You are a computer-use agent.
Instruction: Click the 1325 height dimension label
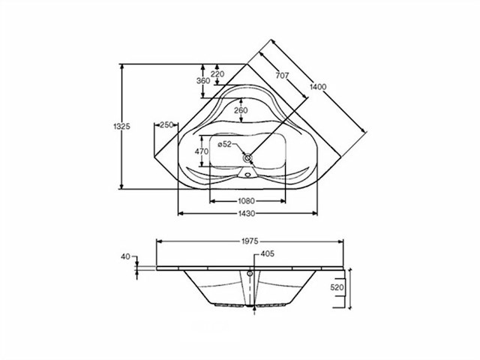[121, 126]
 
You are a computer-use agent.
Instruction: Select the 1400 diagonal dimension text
[318, 87]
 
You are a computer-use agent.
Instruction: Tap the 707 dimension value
[282, 75]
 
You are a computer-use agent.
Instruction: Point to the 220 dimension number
[217, 73]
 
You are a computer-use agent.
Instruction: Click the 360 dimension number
[203, 81]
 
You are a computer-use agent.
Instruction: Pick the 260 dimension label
[241, 110]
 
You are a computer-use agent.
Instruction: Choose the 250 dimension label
[166, 125]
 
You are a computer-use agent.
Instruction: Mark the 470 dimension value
[202, 151]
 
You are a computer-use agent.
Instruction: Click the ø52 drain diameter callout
[225, 144]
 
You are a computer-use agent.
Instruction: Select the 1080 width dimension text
[247, 201]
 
